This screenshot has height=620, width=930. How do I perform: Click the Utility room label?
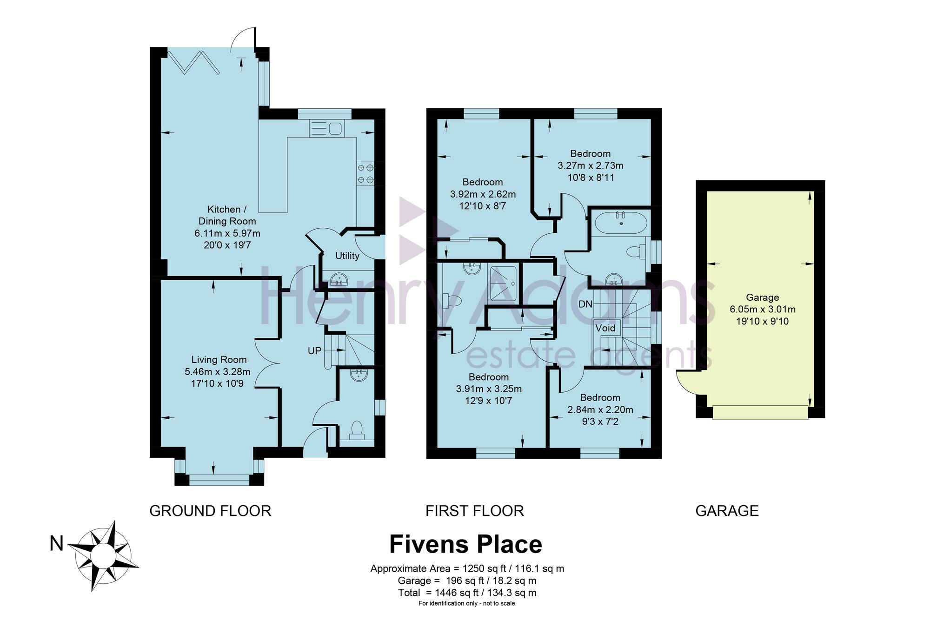(x=347, y=256)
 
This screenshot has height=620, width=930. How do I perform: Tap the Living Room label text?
(x=219, y=359)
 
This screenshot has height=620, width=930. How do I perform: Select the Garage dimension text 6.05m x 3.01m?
(x=763, y=309)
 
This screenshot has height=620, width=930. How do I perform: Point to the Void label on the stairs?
(x=605, y=328)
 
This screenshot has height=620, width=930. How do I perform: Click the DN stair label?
(x=585, y=304)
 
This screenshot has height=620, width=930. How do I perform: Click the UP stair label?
(x=315, y=350)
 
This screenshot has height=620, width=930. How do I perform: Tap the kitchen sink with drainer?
(x=326, y=128)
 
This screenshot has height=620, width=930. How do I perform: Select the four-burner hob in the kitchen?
(x=365, y=173)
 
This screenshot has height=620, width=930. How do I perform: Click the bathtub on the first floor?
(x=621, y=223)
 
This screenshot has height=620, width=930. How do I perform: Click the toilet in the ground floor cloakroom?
(x=357, y=430)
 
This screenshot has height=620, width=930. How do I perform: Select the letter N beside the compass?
(x=56, y=543)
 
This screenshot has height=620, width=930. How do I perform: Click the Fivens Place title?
(x=465, y=544)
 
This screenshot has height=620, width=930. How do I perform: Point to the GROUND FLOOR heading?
(x=210, y=511)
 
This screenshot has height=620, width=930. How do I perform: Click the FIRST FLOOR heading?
(x=475, y=511)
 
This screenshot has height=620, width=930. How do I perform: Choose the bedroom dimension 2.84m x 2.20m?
(x=600, y=409)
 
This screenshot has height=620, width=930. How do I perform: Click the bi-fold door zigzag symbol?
(x=195, y=63)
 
